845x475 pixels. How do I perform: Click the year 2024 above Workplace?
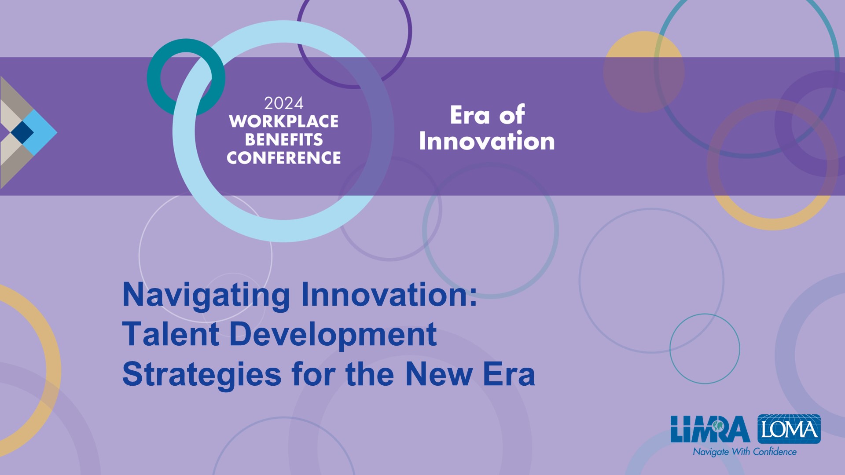[284, 103]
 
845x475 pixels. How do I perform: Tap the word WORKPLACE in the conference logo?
[284, 121]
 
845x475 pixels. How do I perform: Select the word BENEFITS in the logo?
[284, 139]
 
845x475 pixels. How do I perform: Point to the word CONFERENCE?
[284, 157]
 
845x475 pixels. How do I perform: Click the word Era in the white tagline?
[470, 115]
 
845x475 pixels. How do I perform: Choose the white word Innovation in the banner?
[487, 141]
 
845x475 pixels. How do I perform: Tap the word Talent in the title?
[171, 334]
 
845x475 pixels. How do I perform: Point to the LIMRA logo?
[710, 429]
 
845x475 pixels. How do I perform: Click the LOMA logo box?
[789, 429]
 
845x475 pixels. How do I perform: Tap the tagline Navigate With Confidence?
[745, 452]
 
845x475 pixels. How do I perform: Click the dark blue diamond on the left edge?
[22, 132]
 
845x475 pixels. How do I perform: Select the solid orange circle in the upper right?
[644, 72]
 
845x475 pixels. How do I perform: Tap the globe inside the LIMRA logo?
[718, 426]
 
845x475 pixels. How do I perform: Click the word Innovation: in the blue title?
[389, 295]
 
